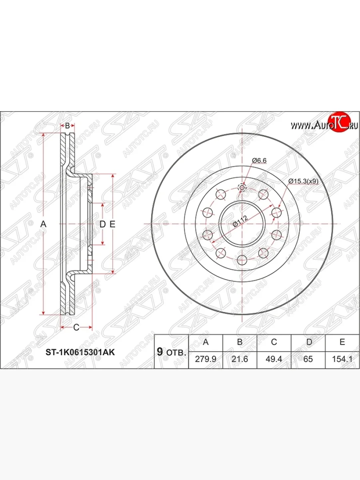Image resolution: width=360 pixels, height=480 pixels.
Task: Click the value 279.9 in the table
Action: [206, 359]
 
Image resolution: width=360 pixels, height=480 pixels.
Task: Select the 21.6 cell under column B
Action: [240, 359]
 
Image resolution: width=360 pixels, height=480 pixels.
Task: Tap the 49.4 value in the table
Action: [274, 359]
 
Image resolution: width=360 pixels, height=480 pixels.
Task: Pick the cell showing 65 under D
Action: [308, 359]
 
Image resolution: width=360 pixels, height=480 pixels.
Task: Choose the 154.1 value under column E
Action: [342, 359]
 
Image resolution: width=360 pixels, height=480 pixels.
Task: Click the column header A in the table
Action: [206, 342]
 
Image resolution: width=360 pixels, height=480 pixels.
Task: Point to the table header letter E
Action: [342, 342]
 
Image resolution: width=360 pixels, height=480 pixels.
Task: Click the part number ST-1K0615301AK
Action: [80, 352]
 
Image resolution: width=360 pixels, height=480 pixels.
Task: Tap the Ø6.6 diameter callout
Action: [259, 160]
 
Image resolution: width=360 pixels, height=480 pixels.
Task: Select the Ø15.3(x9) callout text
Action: [303, 181]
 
